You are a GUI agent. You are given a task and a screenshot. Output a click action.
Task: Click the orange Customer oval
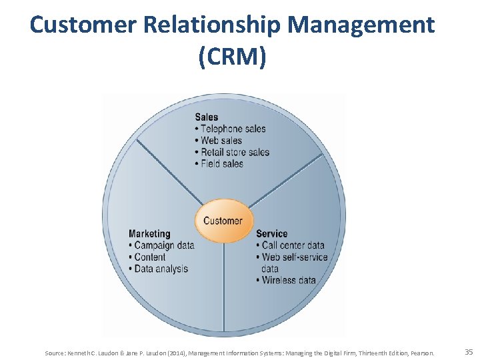pos(223,220)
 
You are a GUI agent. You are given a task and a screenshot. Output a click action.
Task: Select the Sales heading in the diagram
pos(206,117)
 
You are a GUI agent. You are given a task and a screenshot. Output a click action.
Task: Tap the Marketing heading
pos(149,233)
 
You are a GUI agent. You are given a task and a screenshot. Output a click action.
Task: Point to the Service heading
pos(272,233)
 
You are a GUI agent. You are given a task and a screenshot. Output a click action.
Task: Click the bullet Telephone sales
pos(233,129)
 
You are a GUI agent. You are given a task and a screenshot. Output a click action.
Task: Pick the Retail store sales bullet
pos(235,152)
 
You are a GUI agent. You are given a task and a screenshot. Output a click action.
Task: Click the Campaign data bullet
pos(164,245)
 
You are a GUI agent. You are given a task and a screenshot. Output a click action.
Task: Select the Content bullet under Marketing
pos(150,257)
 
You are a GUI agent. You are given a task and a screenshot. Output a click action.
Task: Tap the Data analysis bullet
pos(161,269)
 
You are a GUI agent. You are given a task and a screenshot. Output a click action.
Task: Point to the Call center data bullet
pos(293,245)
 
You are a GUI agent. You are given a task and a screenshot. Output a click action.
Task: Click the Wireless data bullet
pos(289,280)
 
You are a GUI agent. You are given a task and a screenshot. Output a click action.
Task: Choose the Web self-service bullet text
pos(295,257)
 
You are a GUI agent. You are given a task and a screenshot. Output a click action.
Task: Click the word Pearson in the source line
pos(423,353)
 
